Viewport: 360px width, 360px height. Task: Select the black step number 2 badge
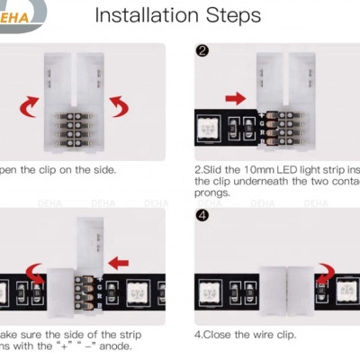pyautogui.click(x=202, y=50)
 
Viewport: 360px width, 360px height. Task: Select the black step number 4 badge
pyautogui.click(x=202, y=216)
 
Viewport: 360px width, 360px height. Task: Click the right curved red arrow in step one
pyautogui.click(x=121, y=109)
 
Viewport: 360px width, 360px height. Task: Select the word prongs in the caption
pyautogui.click(x=212, y=192)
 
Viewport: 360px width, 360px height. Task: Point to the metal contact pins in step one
pyautogui.click(x=76, y=128)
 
